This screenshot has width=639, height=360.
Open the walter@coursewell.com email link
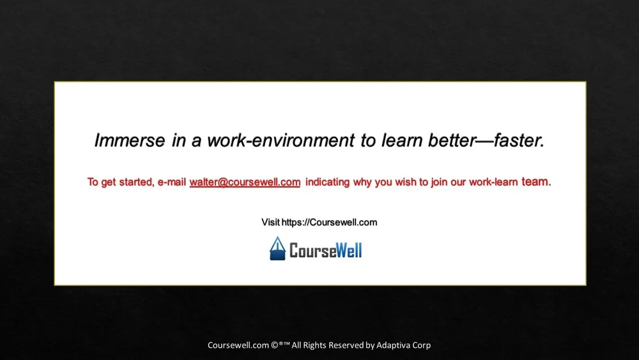[x=245, y=182]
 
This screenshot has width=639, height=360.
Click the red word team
[x=535, y=182]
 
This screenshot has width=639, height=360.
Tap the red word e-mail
[x=172, y=182]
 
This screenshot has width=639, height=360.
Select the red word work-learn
[x=493, y=182]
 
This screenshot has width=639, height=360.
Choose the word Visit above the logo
[x=270, y=223]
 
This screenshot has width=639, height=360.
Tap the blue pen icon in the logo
[x=277, y=249]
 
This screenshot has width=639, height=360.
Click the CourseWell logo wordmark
[x=325, y=250]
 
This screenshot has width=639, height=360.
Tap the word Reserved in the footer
[x=345, y=345]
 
